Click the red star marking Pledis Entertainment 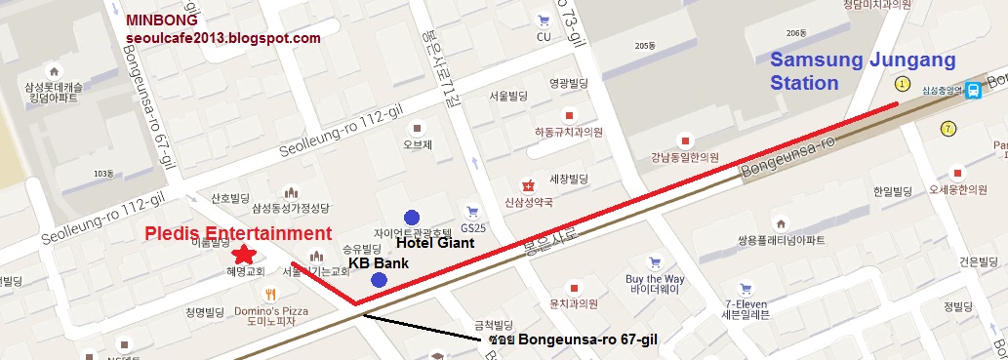tap(245, 255)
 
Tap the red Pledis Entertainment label tap(238, 233)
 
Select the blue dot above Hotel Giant tap(412, 217)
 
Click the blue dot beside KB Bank tap(379, 281)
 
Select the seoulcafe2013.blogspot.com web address tap(223, 37)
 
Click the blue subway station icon tap(973, 90)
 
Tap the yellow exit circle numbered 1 tap(903, 85)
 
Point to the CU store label tap(544, 37)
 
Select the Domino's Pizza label tap(272, 311)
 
